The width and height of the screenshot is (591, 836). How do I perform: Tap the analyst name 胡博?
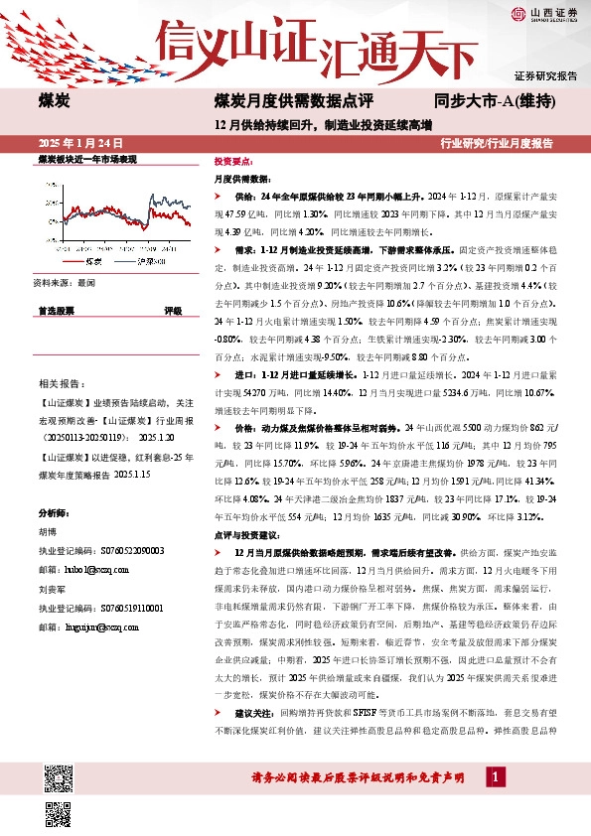pyautogui.click(x=49, y=531)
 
